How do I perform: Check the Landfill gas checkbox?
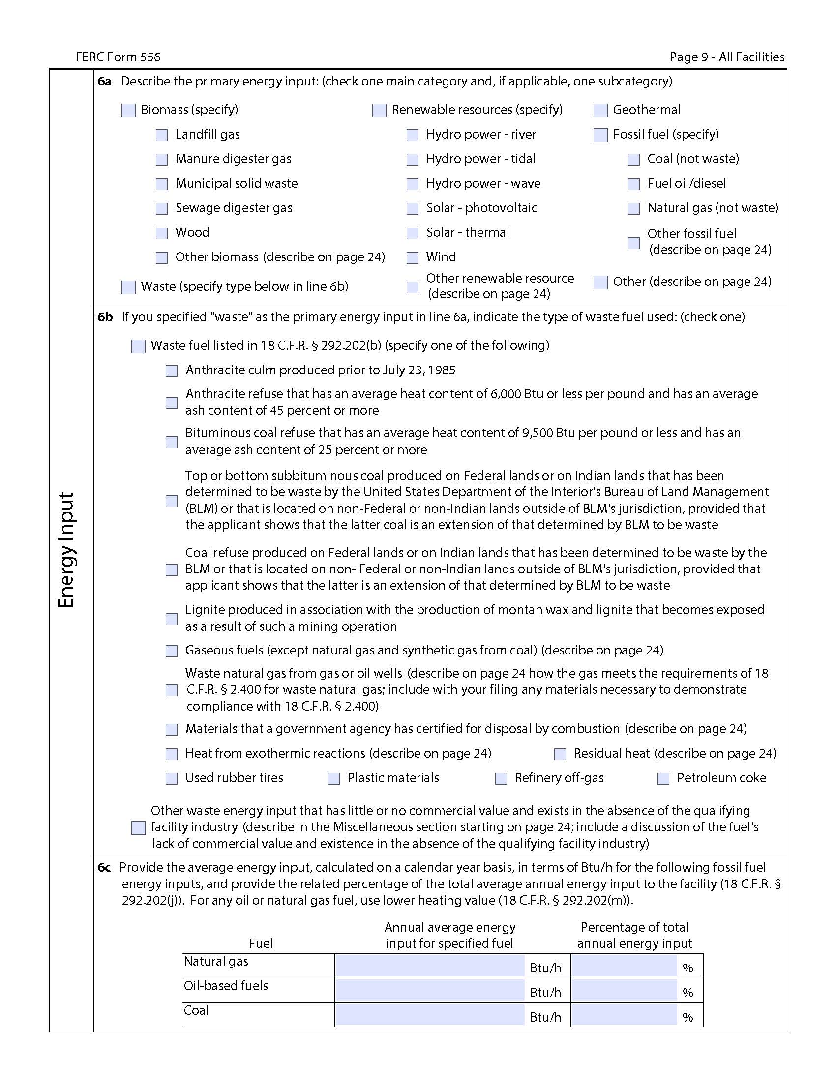(162, 135)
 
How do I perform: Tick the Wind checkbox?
(413, 258)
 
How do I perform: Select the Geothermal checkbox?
(600, 111)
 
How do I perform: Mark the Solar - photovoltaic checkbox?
(413, 209)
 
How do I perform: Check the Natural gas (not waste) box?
(634, 209)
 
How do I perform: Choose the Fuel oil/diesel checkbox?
(634, 184)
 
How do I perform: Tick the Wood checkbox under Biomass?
(162, 233)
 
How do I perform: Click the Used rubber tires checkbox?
(172, 779)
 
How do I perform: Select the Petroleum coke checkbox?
(663, 779)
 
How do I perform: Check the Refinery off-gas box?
(501, 779)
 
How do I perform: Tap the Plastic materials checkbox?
(334, 779)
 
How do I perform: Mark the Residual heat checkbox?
(560, 754)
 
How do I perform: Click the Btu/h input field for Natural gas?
(429, 966)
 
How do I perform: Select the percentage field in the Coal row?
(624, 1015)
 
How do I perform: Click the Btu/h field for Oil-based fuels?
(429, 991)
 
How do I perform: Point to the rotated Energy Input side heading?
(66, 550)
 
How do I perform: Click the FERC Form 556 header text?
(119, 57)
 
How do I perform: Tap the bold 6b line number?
(105, 317)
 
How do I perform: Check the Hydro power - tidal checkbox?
(413, 160)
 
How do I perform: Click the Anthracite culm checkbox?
(172, 370)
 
